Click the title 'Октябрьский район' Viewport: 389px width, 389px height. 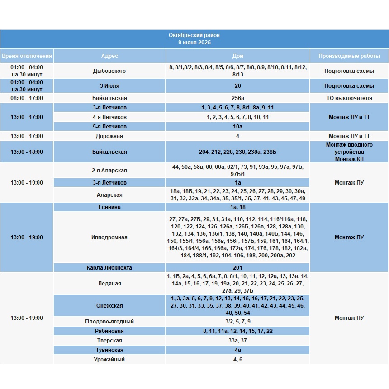pos(194,35)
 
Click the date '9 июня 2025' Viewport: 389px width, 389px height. pos(194,43)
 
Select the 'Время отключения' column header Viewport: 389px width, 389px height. pos(27,56)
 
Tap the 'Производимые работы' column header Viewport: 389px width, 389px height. pos(349,56)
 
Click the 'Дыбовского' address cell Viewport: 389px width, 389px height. pos(109,71)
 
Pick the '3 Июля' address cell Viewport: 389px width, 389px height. pos(109,86)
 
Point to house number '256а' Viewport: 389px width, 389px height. pos(237,98)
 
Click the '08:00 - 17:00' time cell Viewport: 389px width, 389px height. pos(27,98)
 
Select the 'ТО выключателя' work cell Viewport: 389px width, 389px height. pos(349,98)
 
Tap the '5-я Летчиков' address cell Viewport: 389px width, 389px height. pos(109,127)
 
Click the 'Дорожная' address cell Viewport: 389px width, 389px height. pos(109,136)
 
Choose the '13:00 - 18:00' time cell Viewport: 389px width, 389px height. pos(27,152)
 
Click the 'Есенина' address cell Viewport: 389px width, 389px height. pos(109,207)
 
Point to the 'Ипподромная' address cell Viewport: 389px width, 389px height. pos(109,237)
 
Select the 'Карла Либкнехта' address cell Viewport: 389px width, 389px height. pos(109,268)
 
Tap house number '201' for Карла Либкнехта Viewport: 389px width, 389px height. pos(237,268)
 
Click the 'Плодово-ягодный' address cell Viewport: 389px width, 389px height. pos(109,322)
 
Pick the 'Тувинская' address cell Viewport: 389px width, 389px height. pos(109,350)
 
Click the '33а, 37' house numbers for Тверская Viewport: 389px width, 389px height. pos(237,341)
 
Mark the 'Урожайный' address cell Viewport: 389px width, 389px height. pos(109,360)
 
